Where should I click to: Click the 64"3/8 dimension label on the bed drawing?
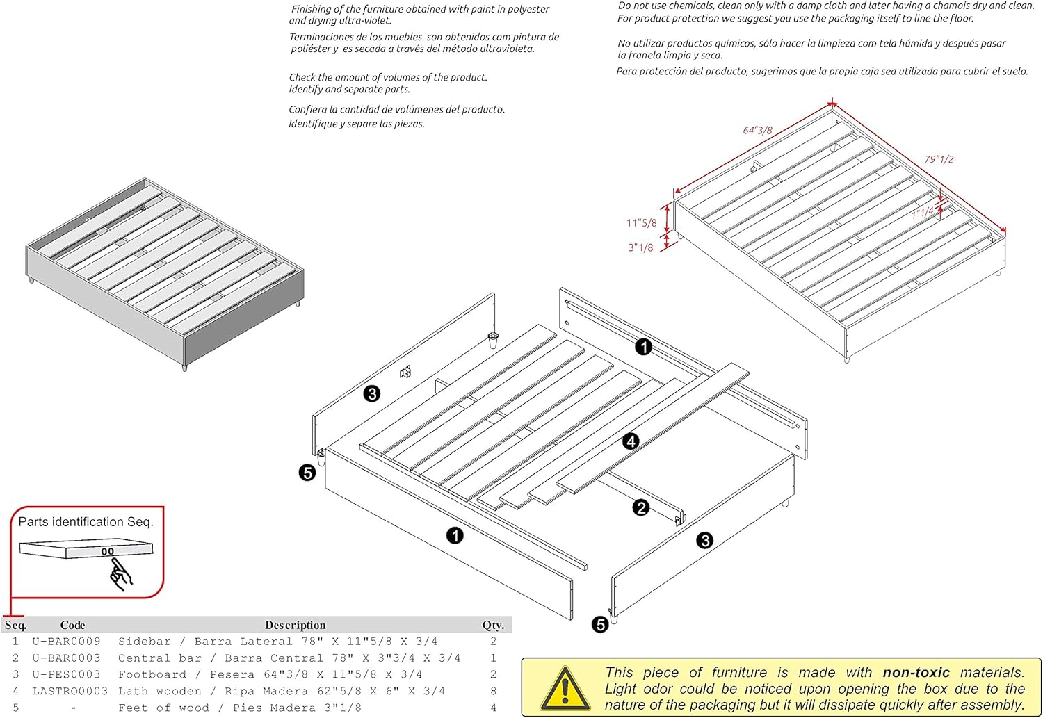click(x=757, y=130)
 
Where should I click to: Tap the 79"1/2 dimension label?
click(x=939, y=159)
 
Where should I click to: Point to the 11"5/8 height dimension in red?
click(x=641, y=223)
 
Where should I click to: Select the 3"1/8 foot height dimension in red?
click(x=640, y=247)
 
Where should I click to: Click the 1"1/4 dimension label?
click(x=923, y=213)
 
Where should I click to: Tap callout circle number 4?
click(x=631, y=441)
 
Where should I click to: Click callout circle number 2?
click(x=641, y=507)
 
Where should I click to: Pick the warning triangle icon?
click(x=565, y=688)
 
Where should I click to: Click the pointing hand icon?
click(x=120, y=576)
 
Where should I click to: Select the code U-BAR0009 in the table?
click(x=66, y=642)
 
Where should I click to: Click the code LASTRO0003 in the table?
click(x=70, y=691)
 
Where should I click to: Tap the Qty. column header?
click(x=493, y=625)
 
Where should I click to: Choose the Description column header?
click(x=295, y=625)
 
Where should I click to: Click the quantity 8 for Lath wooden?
click(x=493, y=691)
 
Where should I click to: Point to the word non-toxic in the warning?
click(x=916, y=672)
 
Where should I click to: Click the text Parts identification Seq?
click(x=86, y=522)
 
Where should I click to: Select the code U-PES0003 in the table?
click(x=66, y=674)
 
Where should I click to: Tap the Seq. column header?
click(x=15, y=625)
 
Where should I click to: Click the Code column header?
click(x=72, y=625)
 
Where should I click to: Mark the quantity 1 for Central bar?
click(x=493, y=658)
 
